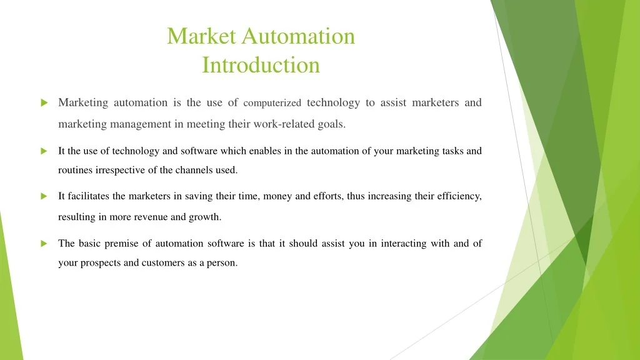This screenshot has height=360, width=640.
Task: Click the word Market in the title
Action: pos(201,36)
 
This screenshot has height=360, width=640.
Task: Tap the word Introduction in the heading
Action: pos(261,65)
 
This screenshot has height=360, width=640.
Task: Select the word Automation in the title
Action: pos(298,36)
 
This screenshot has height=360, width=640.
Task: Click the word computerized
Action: pos(272,103)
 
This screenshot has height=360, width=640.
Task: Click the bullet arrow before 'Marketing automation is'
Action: pos(44,103)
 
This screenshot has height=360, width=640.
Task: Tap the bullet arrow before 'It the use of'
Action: pos(44,151)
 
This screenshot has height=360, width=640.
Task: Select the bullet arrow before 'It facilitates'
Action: pos(44,196)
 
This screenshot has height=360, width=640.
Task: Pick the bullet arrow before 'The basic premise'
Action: pos(44,244)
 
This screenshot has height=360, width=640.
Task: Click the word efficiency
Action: pos(459,197)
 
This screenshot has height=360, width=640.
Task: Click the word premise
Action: pos(121,244)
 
